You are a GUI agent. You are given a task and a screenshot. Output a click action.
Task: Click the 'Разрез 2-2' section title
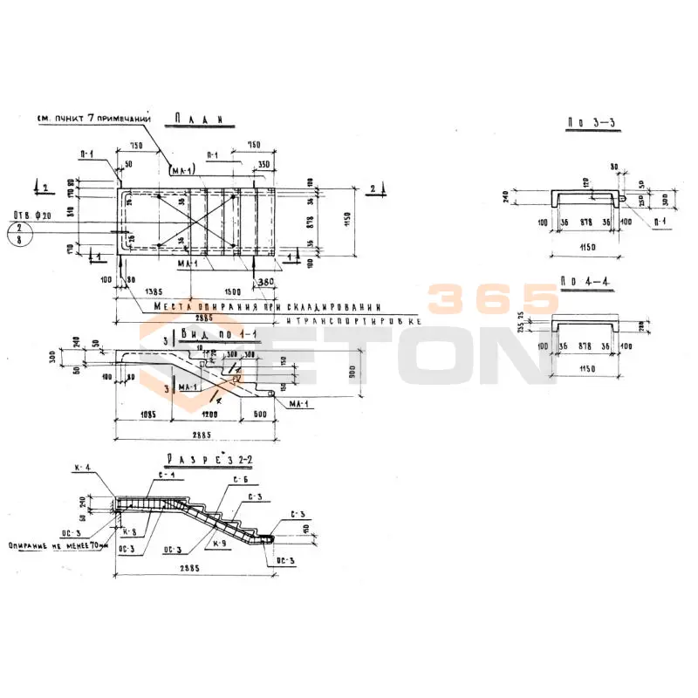click(210, 458)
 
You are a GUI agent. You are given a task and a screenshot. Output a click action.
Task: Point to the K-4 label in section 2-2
click(83, 469)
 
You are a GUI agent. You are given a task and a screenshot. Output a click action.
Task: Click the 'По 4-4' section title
click(581, 283)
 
